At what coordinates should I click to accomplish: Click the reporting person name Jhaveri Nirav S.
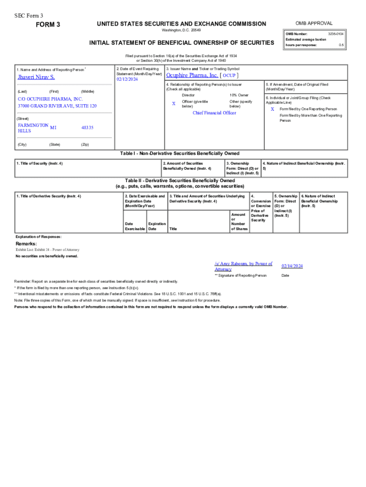tap(36, 77)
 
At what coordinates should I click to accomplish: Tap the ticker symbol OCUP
tap(230, 76)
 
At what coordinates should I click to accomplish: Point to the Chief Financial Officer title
tap(214, 113)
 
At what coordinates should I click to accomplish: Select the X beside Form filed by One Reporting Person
tap(272, 109)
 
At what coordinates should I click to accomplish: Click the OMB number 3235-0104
tap(336, 34)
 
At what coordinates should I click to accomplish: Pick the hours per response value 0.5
tap(340, 45)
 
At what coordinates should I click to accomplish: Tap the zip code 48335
tap(87, 127)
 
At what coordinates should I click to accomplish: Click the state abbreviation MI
tap(53, 127)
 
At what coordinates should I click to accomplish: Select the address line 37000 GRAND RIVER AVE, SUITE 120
tap(57, 106)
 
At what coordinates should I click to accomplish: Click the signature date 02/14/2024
tap(292, 266)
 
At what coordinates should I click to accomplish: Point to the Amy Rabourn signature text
tap(243, 266)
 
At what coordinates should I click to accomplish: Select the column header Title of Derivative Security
tap(48, 196)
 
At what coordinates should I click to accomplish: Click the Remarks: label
tap(26, 243)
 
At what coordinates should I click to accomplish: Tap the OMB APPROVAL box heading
tap(314, 23)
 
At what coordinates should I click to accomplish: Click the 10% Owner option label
tap(239, 96)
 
